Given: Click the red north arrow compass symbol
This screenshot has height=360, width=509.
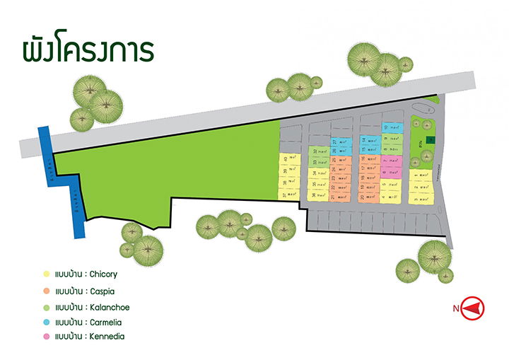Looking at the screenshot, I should click(473, 308).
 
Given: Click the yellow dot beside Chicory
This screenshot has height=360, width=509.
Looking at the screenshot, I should click(46, 274).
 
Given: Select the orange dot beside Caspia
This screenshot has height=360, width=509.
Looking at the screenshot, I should click(46, 291).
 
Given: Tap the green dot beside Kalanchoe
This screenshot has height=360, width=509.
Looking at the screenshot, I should click(46, 308).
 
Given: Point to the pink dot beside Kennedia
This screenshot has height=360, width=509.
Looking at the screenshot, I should click(46, 337).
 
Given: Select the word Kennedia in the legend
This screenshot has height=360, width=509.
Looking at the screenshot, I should click(106, 337).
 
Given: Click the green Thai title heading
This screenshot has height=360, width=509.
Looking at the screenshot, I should click(88, 52).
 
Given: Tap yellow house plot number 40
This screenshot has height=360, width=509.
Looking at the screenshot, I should click(288, 159).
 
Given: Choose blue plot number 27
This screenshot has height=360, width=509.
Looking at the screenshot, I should click(340, 142).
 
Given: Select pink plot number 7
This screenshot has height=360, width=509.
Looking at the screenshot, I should click(390, 161).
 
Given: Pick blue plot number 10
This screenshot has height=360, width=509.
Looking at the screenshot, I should click(391, 127).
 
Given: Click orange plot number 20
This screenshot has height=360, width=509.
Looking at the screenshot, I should click(368, 197).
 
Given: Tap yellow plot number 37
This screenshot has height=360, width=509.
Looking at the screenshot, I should click(288, 194).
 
